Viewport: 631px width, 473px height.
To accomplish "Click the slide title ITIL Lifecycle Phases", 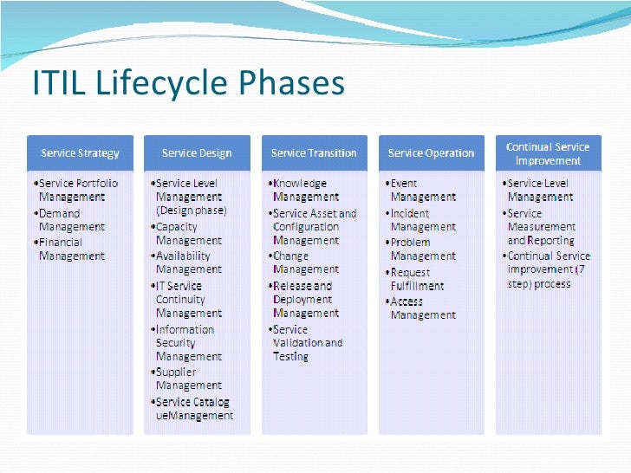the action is pos(188,84).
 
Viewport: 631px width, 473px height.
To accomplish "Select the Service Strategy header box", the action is pos(80,153).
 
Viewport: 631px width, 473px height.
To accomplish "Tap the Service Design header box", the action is pos(197,153).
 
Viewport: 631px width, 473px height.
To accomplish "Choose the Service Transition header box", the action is pos(314,153).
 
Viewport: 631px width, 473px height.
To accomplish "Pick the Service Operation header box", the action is pos(431,153).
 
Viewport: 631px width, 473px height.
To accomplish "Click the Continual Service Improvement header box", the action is pos(548,153).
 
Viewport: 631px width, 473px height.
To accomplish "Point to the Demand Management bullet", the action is pos(70,220).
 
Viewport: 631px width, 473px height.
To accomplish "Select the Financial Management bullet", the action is pos(70,249).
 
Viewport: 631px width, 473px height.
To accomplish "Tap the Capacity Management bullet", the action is pos(188,234).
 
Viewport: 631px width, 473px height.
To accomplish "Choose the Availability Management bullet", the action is pos(188,262).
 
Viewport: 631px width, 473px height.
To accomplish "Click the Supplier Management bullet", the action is pos(188,379).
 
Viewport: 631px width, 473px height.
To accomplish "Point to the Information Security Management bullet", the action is pos(188,342).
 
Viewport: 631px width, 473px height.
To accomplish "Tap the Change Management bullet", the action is pos(304,262).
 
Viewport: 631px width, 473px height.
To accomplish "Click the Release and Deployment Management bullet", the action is pos(306,299).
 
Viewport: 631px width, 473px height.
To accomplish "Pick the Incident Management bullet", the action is pos(422,220).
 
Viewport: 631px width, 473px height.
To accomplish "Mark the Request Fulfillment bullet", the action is pos(418,279).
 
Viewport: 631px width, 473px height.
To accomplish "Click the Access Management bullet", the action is pos(422,308).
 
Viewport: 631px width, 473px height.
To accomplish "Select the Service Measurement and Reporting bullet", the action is pos(540,227).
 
